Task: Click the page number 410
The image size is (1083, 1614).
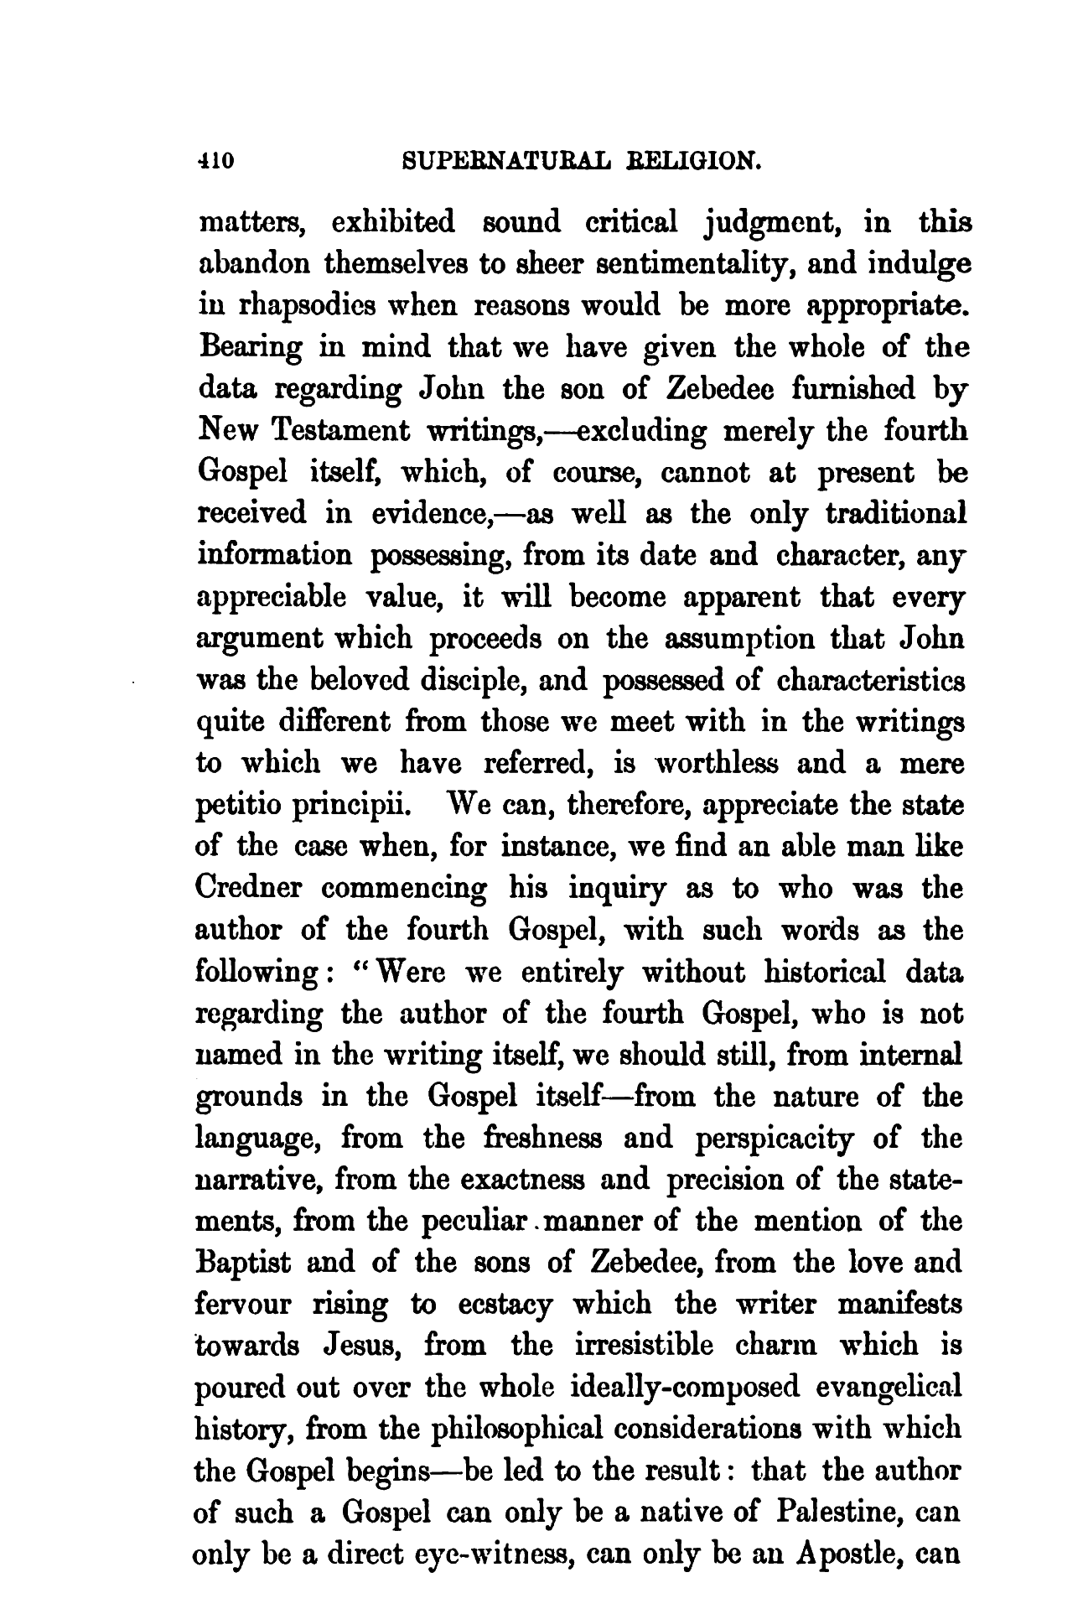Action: [x=217, y=158]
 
